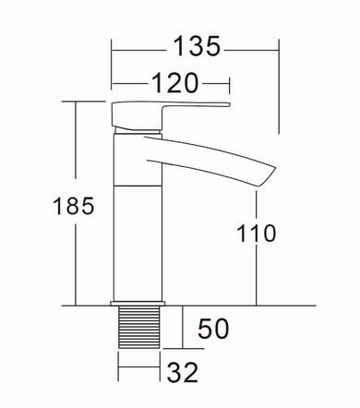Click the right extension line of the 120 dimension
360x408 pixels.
228,89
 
